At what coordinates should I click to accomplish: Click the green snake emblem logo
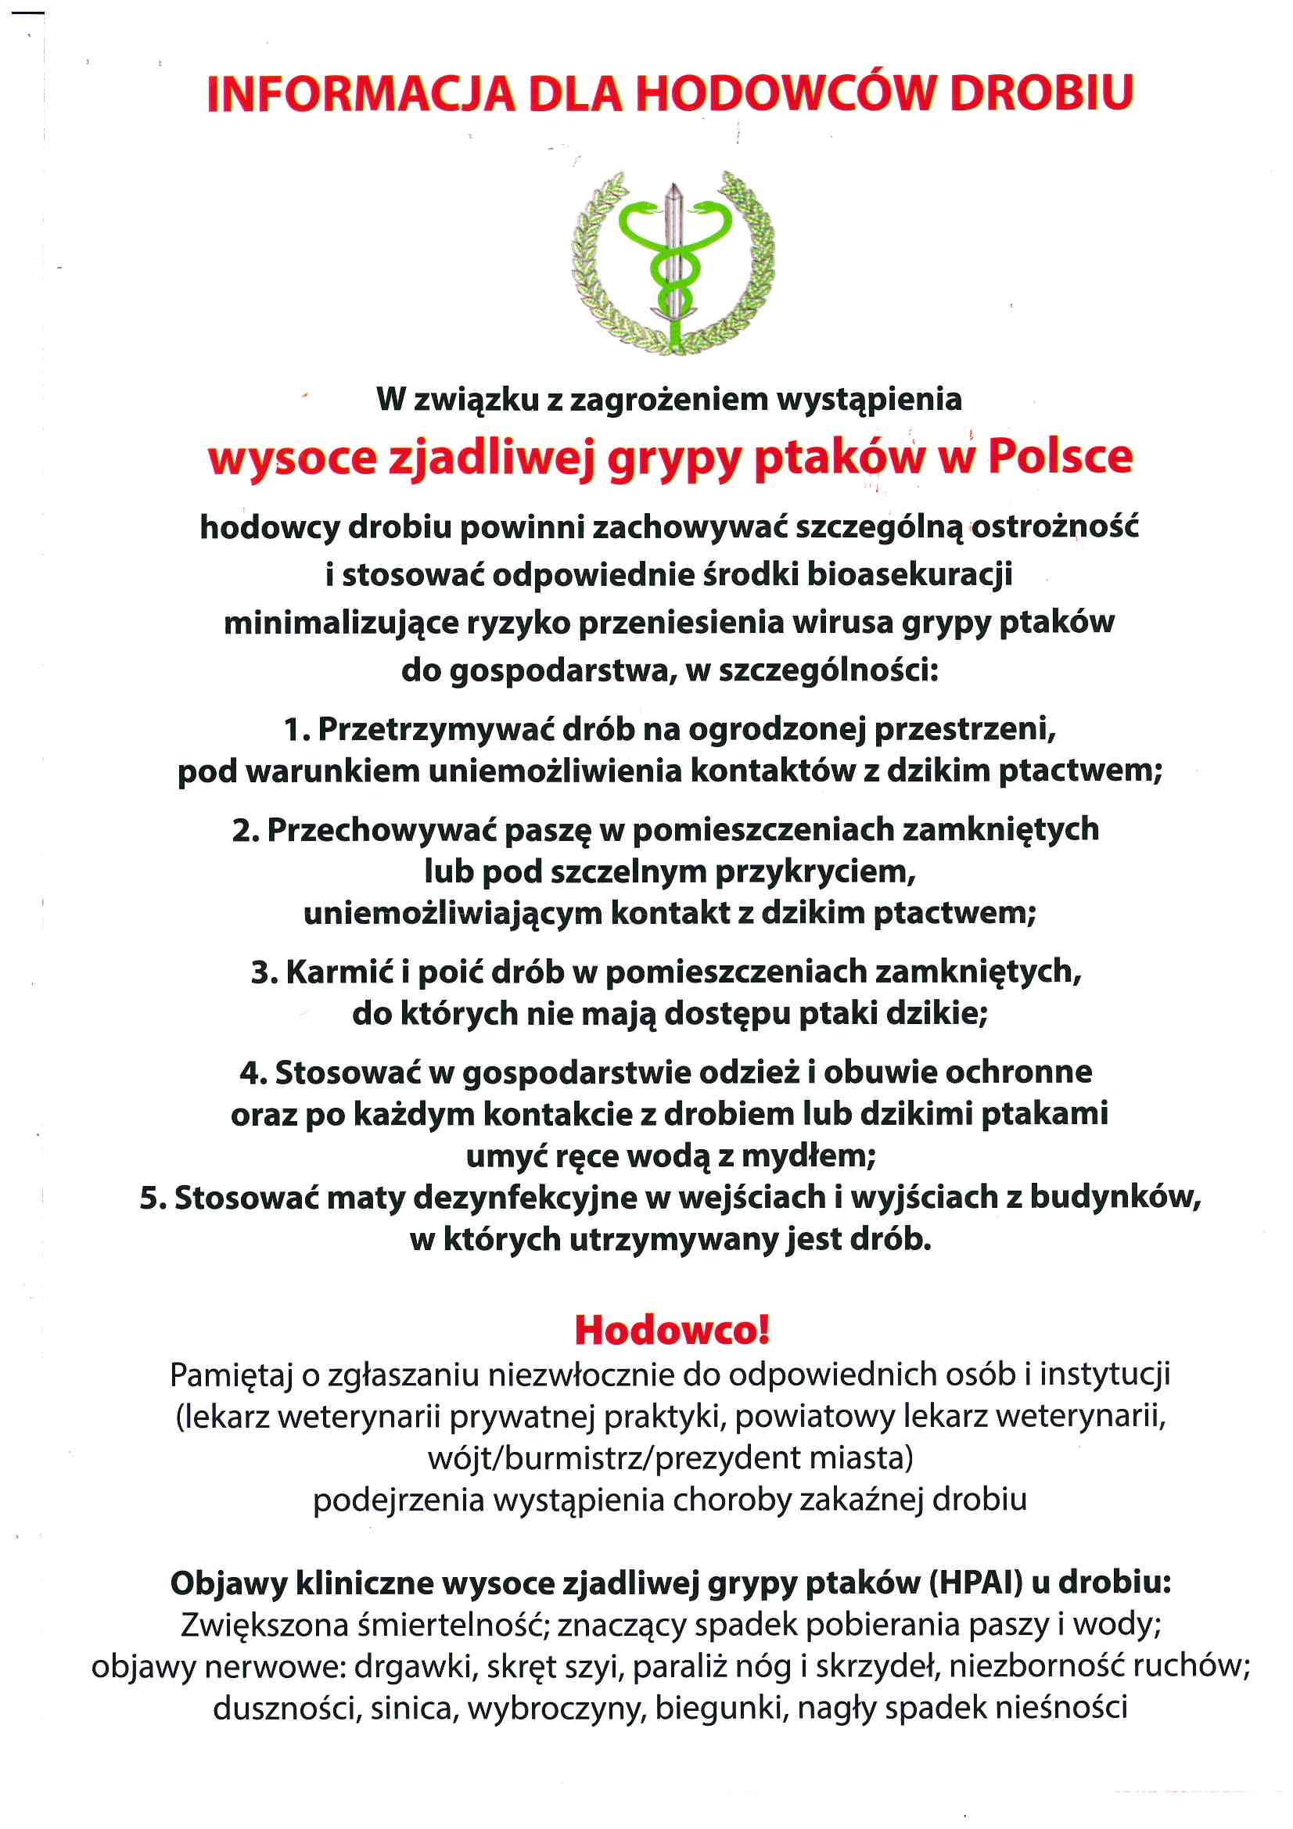pyautogui.click(x=673, y=264)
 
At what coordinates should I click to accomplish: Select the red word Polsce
pyautogui.click(x=1060, y=457)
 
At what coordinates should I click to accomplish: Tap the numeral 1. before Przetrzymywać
pyautogui.click(x=297, y=729)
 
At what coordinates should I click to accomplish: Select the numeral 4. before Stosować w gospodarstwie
pyautogui.click(x=253, y=1073)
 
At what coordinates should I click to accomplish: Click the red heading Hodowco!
pyautogui.click(x=672, y=1330)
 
